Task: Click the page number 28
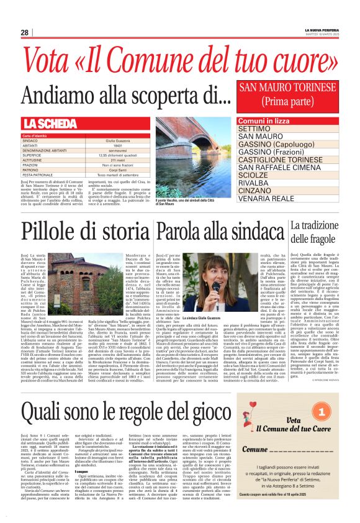point(24,32)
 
